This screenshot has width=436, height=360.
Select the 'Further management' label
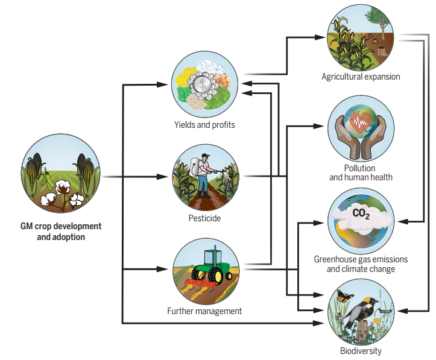click(204, 311)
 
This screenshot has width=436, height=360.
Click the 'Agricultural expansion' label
click(361, 77)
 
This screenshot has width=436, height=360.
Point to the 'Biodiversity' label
click(361, 350)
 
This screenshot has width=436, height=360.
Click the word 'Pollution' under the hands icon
click(360, 168)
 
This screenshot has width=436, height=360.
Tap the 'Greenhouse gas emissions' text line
click(361, 259)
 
